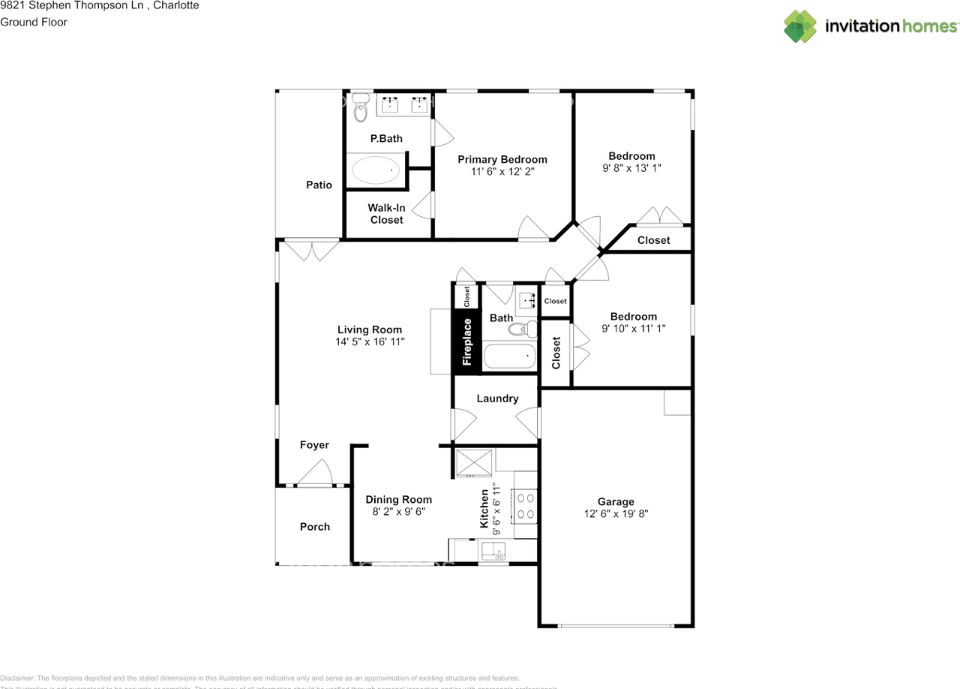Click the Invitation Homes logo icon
point(800,26)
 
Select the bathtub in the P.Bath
point(375,171)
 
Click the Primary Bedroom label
point(502,159)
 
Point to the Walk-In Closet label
point(386,214)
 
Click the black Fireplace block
point(466,342)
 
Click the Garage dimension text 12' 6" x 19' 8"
point(616,514)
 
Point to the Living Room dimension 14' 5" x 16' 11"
point(370,341)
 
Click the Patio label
point(319,185)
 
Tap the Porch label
point(315,527)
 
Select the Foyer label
point(314,445)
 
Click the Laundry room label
point(497,399)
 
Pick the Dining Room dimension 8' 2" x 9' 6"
point(398,512)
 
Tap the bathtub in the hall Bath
point(510,357)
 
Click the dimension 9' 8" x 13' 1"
point(631,168)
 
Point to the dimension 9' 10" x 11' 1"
point(633,329)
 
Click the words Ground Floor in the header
point(34,22)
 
